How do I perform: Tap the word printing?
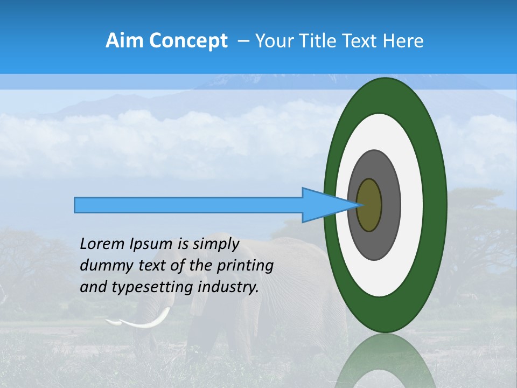tap(245, 266)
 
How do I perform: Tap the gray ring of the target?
tap(390, 205)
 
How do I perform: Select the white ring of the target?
tap(411, 205)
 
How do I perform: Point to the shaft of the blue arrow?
tap(188, 205)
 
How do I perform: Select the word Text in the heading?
tap(358, 41)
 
